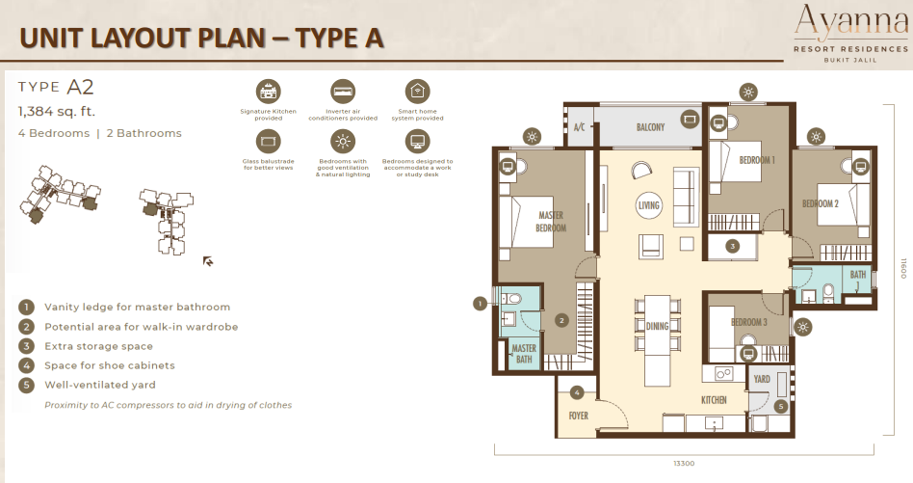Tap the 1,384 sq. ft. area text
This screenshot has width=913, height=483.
57,112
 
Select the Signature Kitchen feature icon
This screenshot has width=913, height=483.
268,92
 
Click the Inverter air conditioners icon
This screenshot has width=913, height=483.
342,92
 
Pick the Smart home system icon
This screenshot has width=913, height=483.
416,92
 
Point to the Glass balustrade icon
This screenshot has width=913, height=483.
268,142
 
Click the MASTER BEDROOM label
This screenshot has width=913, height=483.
551,221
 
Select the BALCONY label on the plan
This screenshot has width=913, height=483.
650,127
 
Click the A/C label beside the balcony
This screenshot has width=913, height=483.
580,127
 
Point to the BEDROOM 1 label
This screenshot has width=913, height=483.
757,161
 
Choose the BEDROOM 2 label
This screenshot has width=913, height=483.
821,203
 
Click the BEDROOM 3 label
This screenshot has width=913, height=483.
748,322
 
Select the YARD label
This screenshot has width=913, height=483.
762,379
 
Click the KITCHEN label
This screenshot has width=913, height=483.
714,399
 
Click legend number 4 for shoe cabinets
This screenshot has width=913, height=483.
26,365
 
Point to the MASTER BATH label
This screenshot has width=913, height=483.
524,354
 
